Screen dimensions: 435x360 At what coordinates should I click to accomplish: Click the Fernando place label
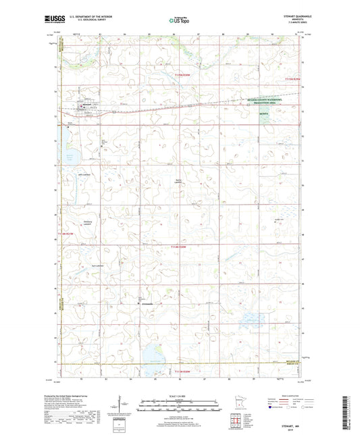(x=148, y=303)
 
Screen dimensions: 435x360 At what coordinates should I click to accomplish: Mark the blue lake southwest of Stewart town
(x=71, y=159)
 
